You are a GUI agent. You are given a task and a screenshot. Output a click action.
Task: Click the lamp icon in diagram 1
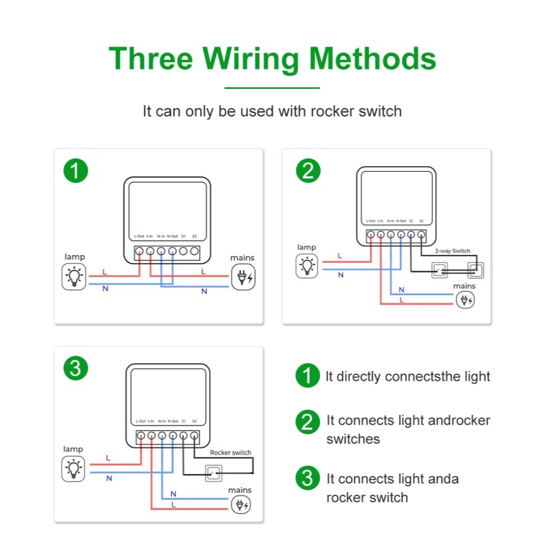tap(74, 277)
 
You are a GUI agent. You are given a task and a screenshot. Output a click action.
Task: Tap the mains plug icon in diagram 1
tap(242, 277)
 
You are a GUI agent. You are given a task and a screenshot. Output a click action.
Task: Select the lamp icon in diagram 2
tap(307, 266)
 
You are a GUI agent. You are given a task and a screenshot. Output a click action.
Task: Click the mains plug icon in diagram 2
tap(465, 301)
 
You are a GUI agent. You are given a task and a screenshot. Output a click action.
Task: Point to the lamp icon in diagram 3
tap(73, 469)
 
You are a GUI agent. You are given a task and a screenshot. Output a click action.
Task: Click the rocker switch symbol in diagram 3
tap(214, 473)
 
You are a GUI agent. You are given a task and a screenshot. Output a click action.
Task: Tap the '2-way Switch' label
tap(452, 251)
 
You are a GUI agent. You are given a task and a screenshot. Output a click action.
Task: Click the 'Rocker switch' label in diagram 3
tap(230, 452)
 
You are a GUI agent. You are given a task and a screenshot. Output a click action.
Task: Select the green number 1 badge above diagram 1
tap(75, 171)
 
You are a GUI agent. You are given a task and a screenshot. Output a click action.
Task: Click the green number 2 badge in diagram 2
tap(308, 171)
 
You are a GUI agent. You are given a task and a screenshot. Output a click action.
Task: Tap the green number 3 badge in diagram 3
tap(75, 368)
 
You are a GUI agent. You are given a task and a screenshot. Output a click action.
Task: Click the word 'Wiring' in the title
tap(251, 59)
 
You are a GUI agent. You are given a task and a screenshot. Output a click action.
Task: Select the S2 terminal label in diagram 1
tap(194, 236)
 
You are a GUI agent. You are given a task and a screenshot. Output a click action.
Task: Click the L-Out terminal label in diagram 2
tap(370, 221)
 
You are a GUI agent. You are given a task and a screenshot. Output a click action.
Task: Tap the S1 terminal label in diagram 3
tap(184, 421)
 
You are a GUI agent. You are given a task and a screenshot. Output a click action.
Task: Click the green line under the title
tap(272, 88)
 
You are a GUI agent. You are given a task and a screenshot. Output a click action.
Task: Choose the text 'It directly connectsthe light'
tap(408, 377)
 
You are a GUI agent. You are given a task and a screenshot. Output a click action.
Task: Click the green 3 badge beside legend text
tap(308, 478)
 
